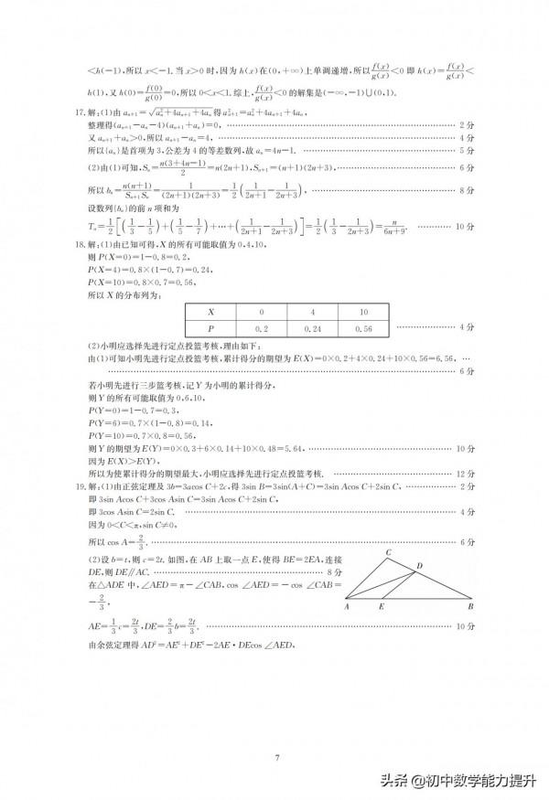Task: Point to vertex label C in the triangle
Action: pyautogui.click(x=387, y=552)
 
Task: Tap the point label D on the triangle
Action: pyautogui.click(x=419, y=567)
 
